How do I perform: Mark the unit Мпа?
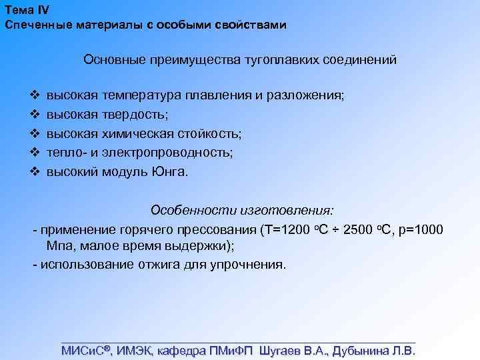tap(59, 246)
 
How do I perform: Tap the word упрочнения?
tap(249, 264)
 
